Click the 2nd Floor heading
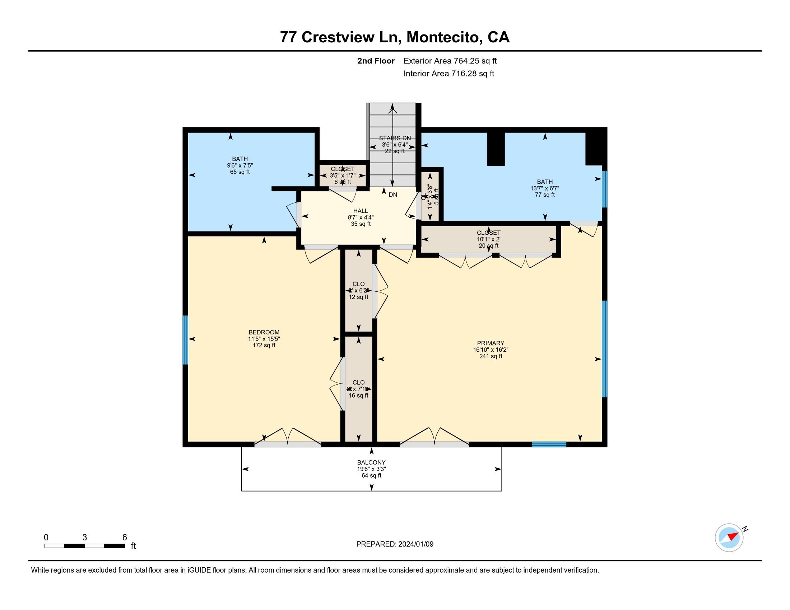(376, 61)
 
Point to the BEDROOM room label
(264, 333)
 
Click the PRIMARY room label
(490, 343)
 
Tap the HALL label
(360, 211)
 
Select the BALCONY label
(371, 463)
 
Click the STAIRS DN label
(395, 138)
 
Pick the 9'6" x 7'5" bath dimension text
(240, 165)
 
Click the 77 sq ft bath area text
(545, 195)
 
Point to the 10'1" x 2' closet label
(488, 239)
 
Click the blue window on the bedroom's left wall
(185, 340)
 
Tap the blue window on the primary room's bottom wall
(548, 444)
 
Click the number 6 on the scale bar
(125, 538)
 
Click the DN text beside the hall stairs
(393, 195)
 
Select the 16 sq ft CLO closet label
(358, 395)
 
